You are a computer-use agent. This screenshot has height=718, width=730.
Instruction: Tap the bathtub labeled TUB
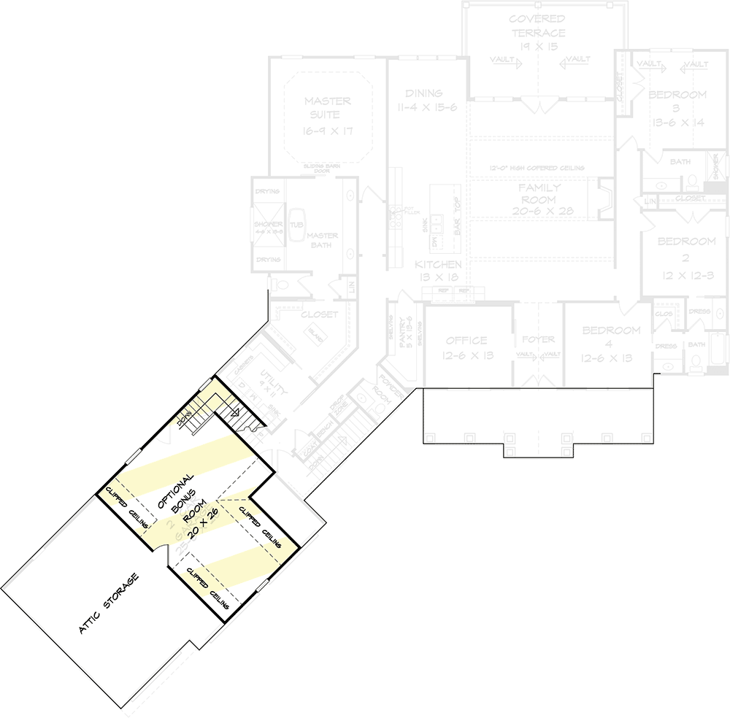coord(296,225)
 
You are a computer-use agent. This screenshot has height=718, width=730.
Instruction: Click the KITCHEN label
coord(438,265)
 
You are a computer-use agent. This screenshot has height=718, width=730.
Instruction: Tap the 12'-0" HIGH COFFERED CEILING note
coord(538,169)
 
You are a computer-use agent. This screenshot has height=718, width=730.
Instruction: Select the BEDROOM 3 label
coord(677,108)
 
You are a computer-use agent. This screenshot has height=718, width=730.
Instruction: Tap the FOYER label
coord(538,339)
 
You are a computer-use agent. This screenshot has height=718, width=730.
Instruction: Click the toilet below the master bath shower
coord(276,284)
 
